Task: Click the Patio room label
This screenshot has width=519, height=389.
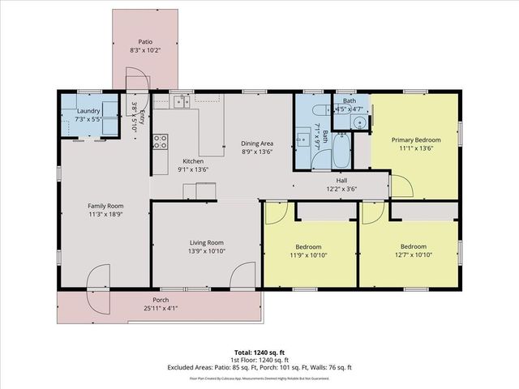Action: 144,41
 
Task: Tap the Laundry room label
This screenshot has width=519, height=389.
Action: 88,111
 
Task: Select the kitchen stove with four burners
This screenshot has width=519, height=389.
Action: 161,143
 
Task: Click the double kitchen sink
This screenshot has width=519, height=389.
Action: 182,101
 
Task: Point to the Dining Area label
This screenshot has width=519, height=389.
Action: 256,143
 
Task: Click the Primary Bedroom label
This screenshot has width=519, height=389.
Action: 414,139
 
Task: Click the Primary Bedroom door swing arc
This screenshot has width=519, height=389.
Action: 403,186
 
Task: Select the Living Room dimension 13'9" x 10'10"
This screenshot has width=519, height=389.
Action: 206,251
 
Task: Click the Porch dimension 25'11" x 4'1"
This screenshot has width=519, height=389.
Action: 160,308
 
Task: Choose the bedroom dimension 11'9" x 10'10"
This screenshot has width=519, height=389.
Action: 308,255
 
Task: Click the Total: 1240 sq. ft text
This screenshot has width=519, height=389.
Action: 259,353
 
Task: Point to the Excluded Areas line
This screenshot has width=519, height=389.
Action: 259,367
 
